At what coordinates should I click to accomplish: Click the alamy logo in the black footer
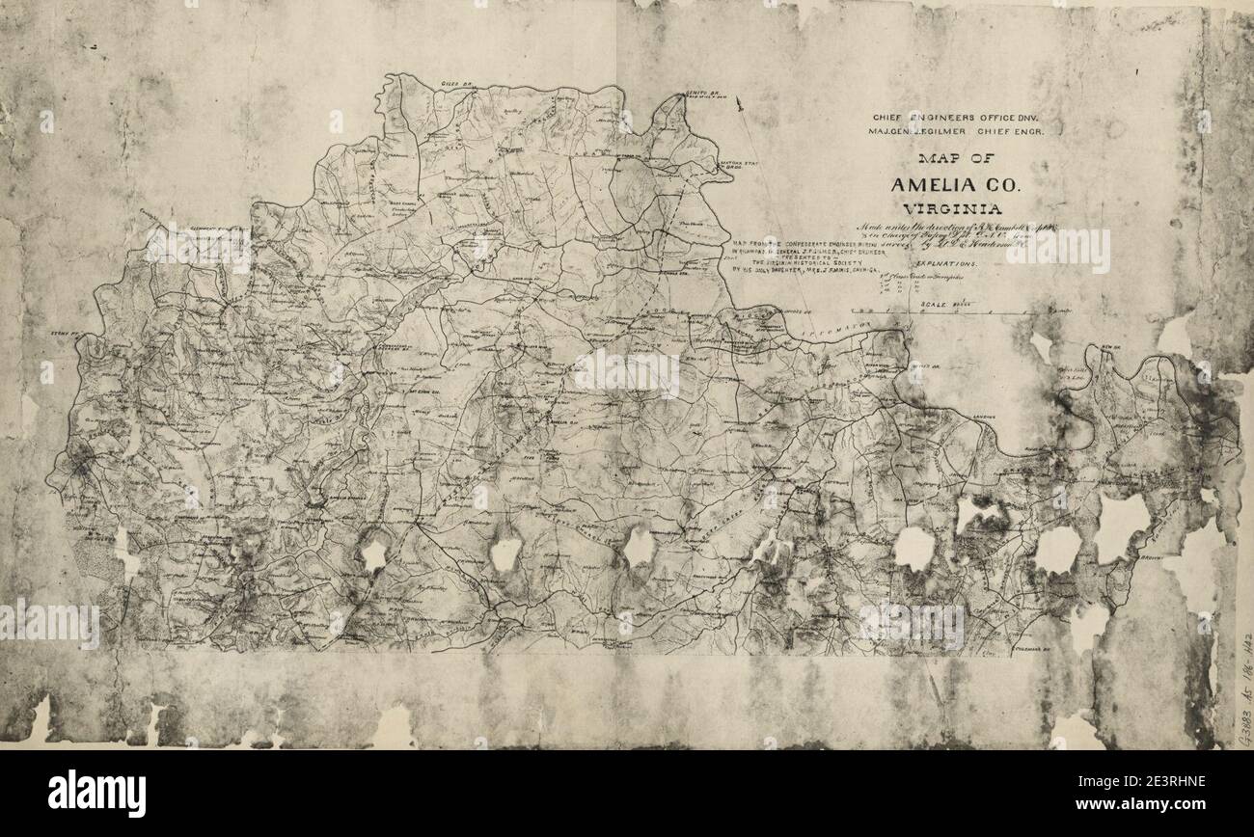pyautogui.click(x=96, y=793)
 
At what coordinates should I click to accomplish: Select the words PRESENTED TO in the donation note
pyautogui.click(x=796, y=257)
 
